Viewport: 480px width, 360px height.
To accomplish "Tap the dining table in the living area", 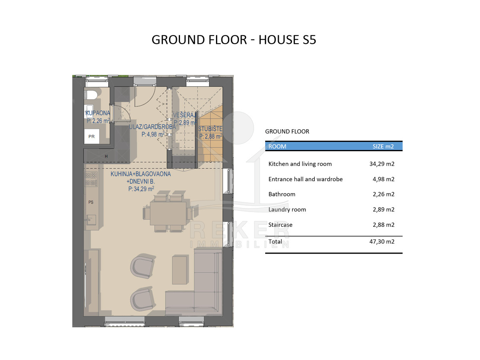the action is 168,213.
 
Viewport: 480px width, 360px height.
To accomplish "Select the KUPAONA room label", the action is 98,113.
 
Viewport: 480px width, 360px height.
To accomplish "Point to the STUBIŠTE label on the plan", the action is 210,129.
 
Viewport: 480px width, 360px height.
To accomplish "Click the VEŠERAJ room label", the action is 185,115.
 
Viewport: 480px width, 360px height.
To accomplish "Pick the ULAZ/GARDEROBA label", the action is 152,127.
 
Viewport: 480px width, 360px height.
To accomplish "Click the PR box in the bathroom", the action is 92,136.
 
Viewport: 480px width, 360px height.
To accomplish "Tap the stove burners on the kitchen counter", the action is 91,179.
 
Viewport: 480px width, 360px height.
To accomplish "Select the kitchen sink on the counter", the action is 90,220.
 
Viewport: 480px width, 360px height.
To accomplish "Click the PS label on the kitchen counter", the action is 91,202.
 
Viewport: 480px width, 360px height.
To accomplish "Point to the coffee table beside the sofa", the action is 179,270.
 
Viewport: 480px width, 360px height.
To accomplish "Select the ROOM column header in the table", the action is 277,146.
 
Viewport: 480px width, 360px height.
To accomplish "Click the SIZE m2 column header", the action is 383,146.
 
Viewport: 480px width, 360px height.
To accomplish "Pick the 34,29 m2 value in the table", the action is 382,164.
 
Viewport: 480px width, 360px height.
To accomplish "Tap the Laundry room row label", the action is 287,210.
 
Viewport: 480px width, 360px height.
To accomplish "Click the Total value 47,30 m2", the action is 382,242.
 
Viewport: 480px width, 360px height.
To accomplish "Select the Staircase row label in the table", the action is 280,225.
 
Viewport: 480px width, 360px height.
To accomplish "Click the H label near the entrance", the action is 106,156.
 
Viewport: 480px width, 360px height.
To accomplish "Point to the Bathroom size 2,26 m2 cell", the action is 384,194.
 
